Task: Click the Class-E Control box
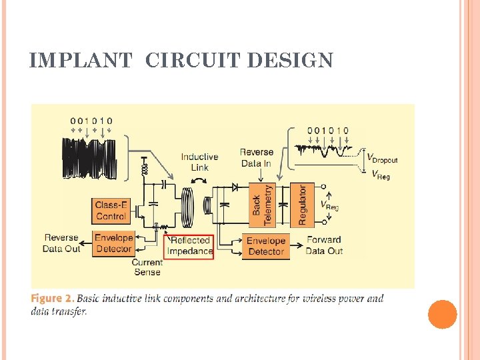click(x=111, y=211)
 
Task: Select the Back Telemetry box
click(x=262, y=204)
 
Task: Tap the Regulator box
click(x=301, y=204)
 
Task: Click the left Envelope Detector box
click(x=113, y=243)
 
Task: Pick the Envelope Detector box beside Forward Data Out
click(x=265, y=246)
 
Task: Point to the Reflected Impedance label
click(x=189, y=246)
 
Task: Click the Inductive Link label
click(x=199, y=162)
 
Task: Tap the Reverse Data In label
click(x=256, y=158)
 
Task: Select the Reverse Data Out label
click(x=62, y=243)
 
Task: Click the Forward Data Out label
click(x=324, y=245)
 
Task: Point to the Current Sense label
click(x=147, y=267)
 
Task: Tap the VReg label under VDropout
click(x=381, y=175)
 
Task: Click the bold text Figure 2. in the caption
click(x=53, y=298)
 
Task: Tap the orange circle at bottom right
click(x=443, y=315)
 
